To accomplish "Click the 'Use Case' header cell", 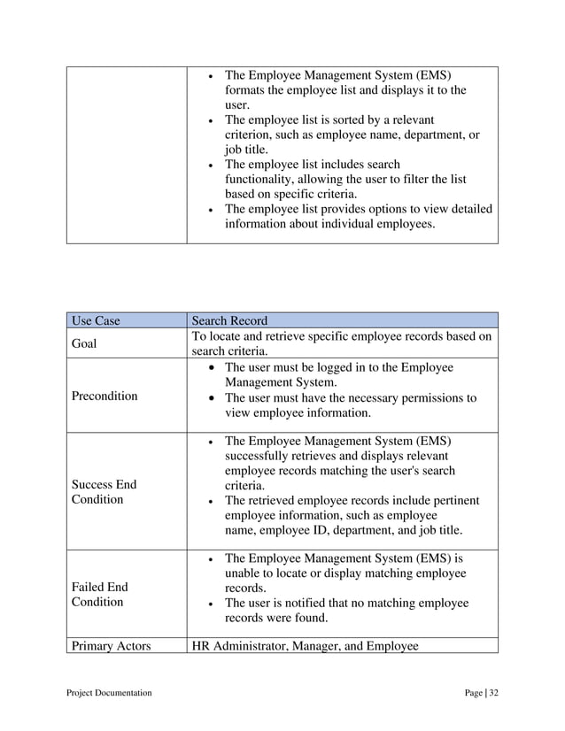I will tap(95, 320).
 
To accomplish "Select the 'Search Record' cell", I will tap(229, 320).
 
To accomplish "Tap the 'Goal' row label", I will tap(85, 343).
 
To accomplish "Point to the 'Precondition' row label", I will tap(104, 396).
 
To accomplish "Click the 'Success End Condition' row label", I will tap(104, 492).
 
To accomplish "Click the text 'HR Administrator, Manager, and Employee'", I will tap(305, 646).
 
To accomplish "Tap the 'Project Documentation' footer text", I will tap(109, 692).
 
